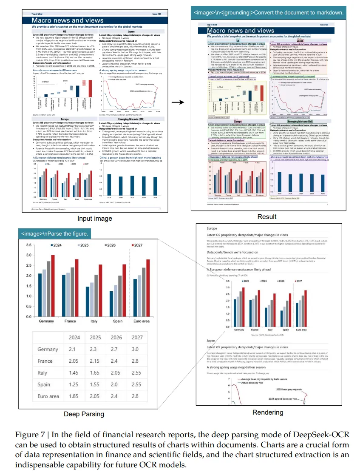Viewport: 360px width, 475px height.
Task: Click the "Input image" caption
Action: click(x=95, y=219)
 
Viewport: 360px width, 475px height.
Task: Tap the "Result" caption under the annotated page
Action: click(x=267, y=216)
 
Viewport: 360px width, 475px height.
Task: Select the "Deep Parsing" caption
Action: click(x=83, y=414)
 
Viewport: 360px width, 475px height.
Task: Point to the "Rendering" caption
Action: click(x=268, y=412)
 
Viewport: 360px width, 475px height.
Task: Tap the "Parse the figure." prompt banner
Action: click(x=55, y=233)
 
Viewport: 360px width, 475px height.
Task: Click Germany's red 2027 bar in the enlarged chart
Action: click(x=53, y=285)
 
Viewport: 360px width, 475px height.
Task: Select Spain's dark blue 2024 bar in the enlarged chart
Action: click(x=112, y=304)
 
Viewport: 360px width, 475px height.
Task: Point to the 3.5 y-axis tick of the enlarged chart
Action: click(x=28, y=245)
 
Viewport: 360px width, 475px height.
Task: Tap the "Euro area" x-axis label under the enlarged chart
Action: click(x=141, y=321)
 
